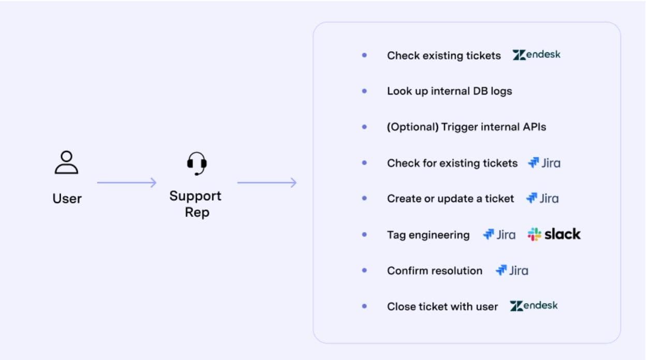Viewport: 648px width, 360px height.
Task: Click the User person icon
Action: pyautogui.click(x=66, y=162)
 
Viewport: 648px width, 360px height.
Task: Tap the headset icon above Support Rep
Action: pyautogui.click(x=197, y=164)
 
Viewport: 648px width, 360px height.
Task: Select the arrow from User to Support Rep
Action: pyautogui.click(x=126, y=183)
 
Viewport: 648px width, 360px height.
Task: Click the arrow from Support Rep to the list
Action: pyautogui.click(x=267, y=183)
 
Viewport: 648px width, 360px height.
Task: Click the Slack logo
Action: pyautogui.click(x=554, y=234)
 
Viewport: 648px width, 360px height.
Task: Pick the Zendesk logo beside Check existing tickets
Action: pyautogui.click(x=536, y=55)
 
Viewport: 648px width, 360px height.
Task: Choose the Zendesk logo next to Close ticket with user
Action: pyautogui.click(x=534, y=306)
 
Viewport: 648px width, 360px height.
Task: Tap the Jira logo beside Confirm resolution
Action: pyautogui.click(x=511, y=271)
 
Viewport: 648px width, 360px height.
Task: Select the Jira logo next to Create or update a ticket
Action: pyautogui.click(x=542, y=199)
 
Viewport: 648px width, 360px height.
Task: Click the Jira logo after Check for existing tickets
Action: pyautogui.click(x=544, y=163)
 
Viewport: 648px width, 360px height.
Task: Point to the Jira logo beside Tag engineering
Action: pyautogui.click(x=499, y=235)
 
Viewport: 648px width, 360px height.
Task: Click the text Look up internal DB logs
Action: pyautogui.click(x=449, y=91)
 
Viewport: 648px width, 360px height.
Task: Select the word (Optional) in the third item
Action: pyautogui.click(x=412, y=127)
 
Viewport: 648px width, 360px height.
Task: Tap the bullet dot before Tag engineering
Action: pyautogui.click(x=364, y=235)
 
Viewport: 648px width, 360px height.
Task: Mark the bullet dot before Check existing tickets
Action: pyautogui.click(x=364, y=55)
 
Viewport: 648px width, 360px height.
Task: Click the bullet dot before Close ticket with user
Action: pyautogui.click(x=364, y=306)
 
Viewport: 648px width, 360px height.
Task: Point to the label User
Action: pyautogui.click(x=67, y=198)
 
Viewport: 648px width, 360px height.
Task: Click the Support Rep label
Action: pyautogui.click(x=196, y=204)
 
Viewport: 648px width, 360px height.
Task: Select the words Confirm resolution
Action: pyautogui.click(x=434, y=271)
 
